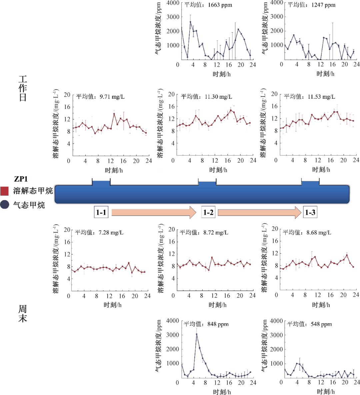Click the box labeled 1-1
pos(101,212)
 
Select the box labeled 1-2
pos(208,212)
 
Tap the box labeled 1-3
pos(310,212)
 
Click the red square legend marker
pos(5,191)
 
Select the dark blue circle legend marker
pos(5,205)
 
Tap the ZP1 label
pos(21,179)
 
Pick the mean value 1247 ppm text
pos(312,5)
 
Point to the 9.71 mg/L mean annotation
pos(100,97)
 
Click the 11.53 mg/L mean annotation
pos(309,97)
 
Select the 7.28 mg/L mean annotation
pos(99,232)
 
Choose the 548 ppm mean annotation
pos(309,324)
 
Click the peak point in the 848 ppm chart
pos(197,334)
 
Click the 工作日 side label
pos(23,89)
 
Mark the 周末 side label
pos(23,314)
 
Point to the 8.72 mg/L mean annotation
pos(204,232)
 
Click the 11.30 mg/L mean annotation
pos(206,97)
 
